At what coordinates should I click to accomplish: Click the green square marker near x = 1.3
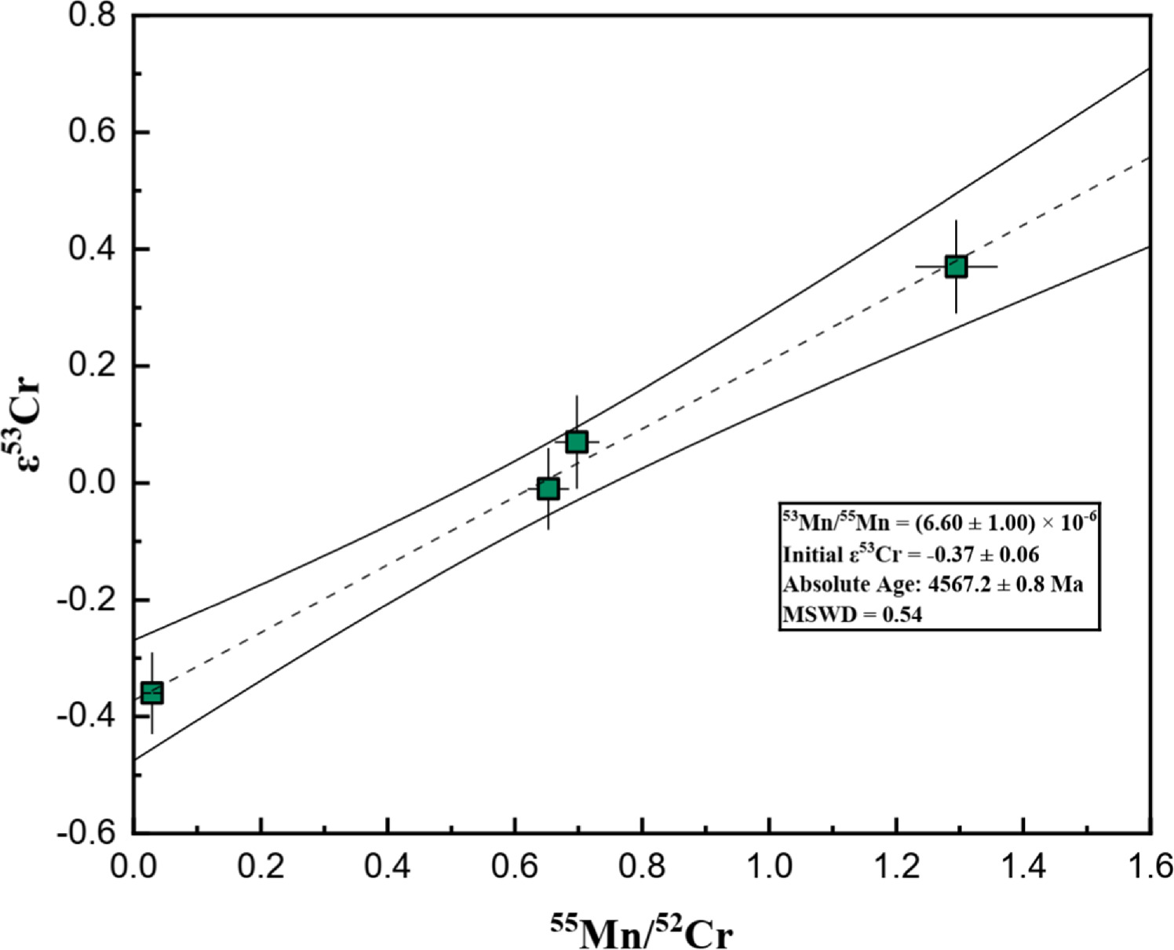point(955,267)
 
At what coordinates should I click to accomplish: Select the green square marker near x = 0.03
point(151,693)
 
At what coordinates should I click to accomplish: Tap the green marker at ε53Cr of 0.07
point(577,442)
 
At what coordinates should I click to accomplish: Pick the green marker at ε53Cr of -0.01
point(548,489)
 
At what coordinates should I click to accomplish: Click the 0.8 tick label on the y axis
point(93,16)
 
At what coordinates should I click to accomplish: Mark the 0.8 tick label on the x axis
point(642,867)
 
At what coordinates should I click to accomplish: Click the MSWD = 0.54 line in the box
point(852,614)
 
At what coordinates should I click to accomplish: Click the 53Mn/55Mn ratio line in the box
point(939,522)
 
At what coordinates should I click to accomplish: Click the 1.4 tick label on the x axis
point(1023,867)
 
